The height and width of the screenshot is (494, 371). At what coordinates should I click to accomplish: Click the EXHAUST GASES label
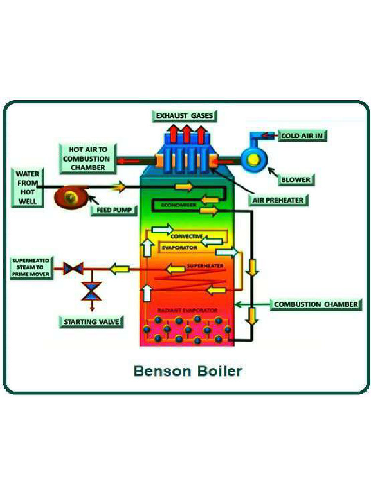click(185, 116)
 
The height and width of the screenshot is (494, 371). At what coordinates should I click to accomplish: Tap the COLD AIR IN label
click(302, 136)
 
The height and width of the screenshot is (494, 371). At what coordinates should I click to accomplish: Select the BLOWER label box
click(295, 180)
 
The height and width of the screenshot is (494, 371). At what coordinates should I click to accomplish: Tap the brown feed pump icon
click(72, 198)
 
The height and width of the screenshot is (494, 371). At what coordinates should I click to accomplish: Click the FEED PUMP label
click(114, 210)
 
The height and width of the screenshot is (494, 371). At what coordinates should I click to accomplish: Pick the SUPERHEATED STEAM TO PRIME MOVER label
click(30, 267)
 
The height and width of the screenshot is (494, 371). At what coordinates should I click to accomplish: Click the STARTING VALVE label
click(91, 322)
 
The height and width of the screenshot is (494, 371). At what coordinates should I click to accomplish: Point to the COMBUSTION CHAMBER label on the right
click(316, 304)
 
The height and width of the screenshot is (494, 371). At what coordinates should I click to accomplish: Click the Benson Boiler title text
click(187, 371)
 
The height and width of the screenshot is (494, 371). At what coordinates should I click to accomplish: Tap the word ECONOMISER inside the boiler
click(179, 205)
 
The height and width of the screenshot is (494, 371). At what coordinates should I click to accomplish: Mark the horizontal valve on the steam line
click(74, 268)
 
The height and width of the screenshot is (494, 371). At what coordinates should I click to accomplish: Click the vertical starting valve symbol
click(90, 291)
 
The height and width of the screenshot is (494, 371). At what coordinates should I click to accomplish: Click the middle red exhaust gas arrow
click(186, 133)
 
